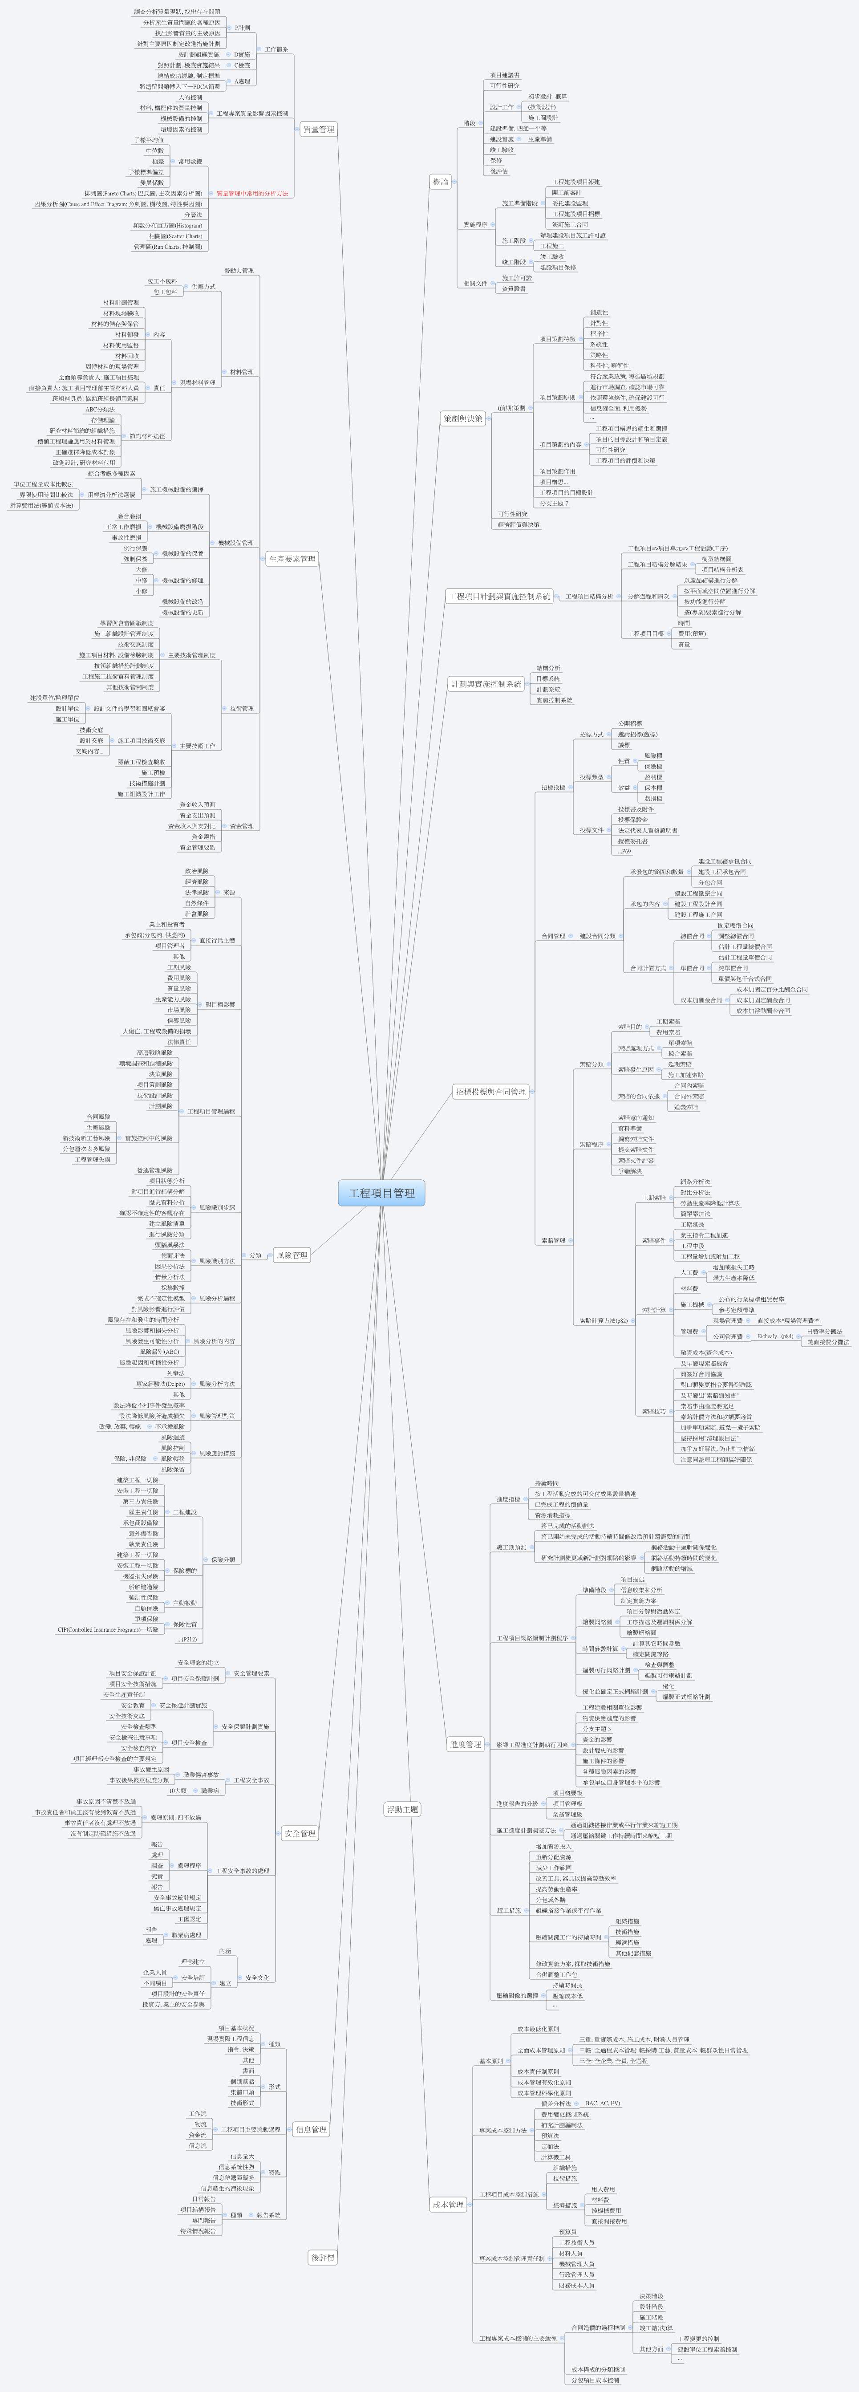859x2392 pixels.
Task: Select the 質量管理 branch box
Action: tap(318, 129)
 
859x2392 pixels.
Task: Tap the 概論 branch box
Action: tap(440, 182)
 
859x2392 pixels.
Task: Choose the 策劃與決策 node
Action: tap(462, 419)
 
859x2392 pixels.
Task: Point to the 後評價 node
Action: tap(322, 2258)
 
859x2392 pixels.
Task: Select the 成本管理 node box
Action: tap(448, 2205)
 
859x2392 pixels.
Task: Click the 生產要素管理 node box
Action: tap(292, 559)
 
